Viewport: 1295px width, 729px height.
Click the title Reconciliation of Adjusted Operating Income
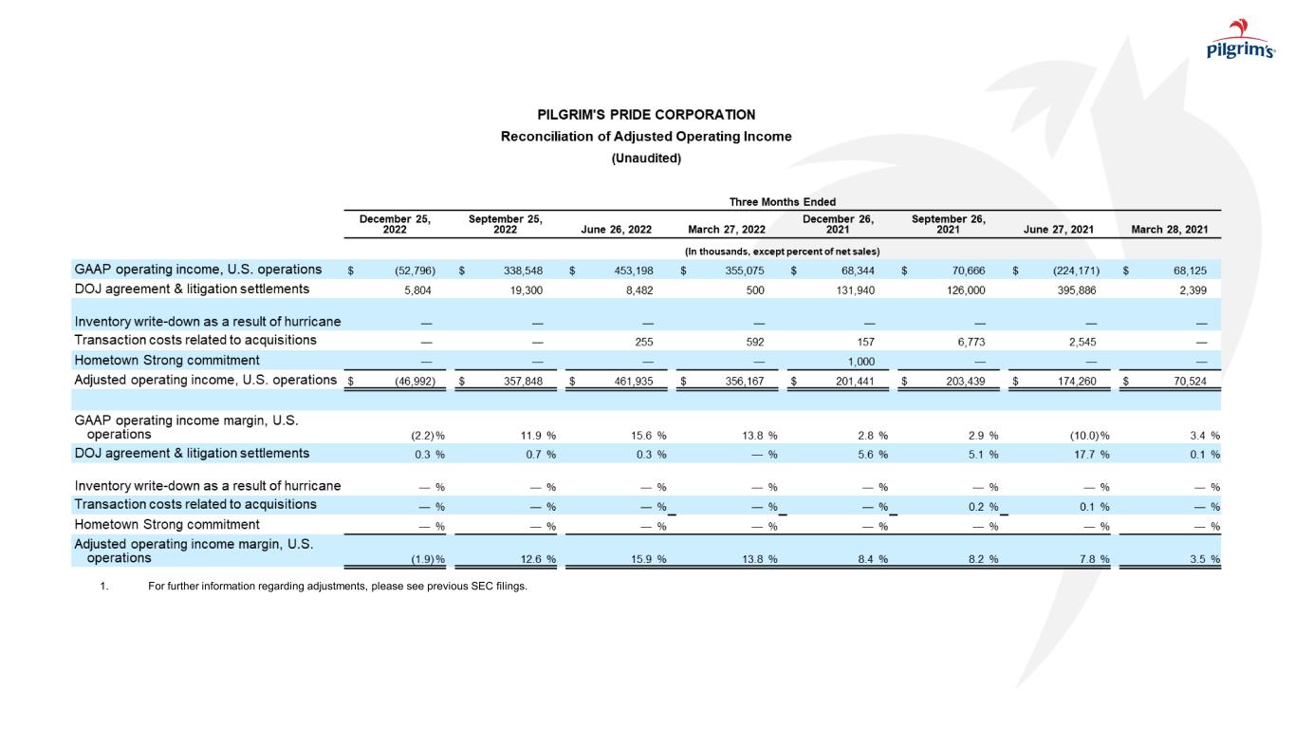(646, 137)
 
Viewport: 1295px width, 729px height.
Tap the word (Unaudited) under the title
(646, 159)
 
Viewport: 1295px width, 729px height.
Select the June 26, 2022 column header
(616, 229)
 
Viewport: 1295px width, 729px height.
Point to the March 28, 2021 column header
(1170, 229)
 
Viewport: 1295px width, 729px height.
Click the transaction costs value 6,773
(970, 340)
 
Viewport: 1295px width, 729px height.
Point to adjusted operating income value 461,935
(631, 382)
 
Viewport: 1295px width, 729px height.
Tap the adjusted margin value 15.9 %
(649, 559)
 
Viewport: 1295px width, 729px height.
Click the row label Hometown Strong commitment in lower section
(166, 524)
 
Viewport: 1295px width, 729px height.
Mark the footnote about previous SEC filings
(337, 586)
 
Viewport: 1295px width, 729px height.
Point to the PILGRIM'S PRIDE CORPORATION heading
(646, 115)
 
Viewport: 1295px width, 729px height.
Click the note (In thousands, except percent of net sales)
(782, 251)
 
